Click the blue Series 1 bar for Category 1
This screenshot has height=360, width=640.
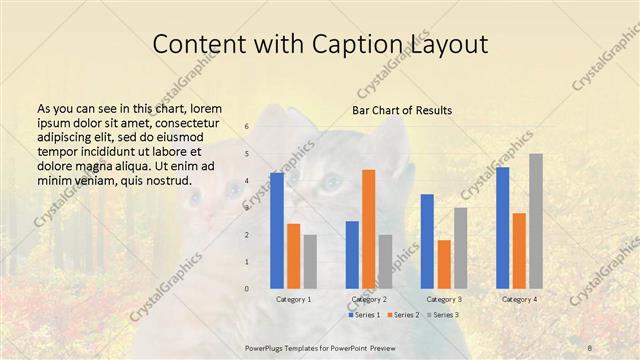277,231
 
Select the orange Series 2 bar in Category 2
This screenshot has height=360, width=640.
369,229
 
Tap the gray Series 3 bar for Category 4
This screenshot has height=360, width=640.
536,221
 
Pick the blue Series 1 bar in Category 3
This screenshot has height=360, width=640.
427,241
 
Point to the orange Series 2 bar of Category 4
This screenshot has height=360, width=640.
519,251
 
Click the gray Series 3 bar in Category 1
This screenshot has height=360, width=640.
310,262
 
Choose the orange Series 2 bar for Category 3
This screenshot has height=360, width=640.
444,264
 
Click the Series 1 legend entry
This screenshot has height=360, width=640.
363,315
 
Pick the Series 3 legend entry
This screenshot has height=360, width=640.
442,315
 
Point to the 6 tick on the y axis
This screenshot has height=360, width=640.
247,127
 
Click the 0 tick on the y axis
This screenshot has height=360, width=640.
247,289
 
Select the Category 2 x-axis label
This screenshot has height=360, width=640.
369,299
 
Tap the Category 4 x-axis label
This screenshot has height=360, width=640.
519,299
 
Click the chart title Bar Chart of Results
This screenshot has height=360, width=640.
402,110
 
